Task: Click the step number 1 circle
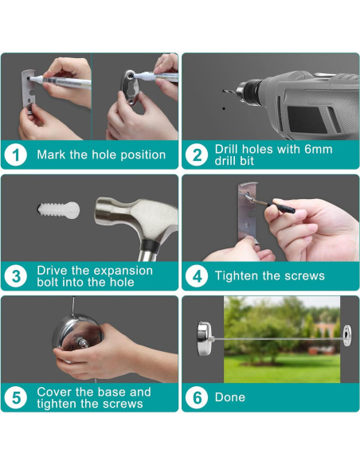coord(16,154)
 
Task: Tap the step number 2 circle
coord(197,154)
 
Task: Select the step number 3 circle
coord(16,276)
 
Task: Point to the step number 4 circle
coord(197,276)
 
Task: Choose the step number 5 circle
coord(16,397)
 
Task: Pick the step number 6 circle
coord(197,397)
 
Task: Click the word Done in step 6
coord(230,397)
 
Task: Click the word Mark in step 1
coord(51,154)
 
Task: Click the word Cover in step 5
coord(55,392)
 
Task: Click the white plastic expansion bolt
coord(59,210)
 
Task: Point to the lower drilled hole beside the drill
coord(224,108)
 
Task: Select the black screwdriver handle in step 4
coord(284,208)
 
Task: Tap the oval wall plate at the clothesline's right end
coord(347,335)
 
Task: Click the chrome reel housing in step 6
coord(205,338)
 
